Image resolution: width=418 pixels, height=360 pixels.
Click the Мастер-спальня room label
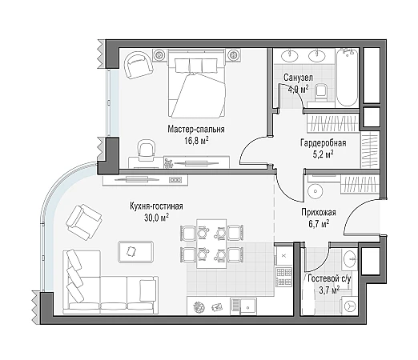tap(196, 129)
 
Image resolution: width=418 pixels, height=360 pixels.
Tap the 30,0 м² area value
tap(156, 218)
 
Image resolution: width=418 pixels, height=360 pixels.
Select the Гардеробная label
tap(324, 143)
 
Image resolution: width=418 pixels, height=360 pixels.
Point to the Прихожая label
tap(319, 213)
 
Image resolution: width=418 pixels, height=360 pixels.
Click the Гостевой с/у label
tap(329, 278)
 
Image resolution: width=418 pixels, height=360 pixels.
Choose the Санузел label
tap(298, 78)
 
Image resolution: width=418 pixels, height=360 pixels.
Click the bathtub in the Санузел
tap(347, 78)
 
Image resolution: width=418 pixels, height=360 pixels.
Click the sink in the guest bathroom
tap(349, 258)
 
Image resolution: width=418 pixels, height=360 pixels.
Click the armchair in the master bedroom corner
tap(138, 65)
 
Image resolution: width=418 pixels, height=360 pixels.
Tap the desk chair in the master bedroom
tap(146, 150)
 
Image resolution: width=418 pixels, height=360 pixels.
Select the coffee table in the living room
tap(136, 251)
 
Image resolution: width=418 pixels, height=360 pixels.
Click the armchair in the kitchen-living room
tap(84, 222)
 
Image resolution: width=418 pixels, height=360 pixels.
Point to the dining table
tap(211, 243)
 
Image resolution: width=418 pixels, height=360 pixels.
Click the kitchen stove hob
tap(283, 277)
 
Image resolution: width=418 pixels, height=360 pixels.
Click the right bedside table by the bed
tap(234, 55)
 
